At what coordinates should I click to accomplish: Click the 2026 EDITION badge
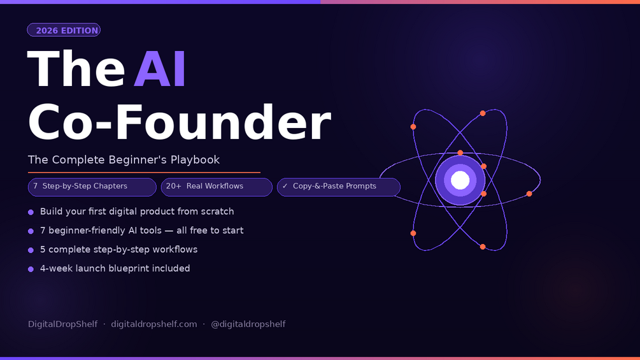(x=64, y=30)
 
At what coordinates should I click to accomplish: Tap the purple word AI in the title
(x=160, y=69)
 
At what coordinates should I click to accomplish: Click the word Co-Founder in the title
(x=179, y=122)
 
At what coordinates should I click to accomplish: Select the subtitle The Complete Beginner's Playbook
(x=124, y=159)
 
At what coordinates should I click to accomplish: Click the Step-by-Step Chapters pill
(x=92, y=187)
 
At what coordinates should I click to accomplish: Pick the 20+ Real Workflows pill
(x=217, y=187)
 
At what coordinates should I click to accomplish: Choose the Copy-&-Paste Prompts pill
(x=339, y=187)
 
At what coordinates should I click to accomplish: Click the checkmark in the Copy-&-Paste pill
(x=285, y=186)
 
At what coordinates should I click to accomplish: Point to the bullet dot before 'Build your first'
(x=31, y=212)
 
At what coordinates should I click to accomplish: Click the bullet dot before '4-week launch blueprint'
(x=31, y=269)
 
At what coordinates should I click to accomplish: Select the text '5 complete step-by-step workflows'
(x=119, y=249)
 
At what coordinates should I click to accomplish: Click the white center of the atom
(x=460, y=180)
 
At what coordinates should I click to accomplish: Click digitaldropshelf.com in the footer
(x=154, y=324)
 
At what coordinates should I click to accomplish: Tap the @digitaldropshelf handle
(x=248, y=324)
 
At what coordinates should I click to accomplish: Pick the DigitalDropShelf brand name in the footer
(x=62, y=324)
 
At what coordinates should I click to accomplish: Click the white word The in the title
(x=76, y=69)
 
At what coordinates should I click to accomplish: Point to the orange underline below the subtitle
(x=144, y=173)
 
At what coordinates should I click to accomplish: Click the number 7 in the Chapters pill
(x=36, y=186)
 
